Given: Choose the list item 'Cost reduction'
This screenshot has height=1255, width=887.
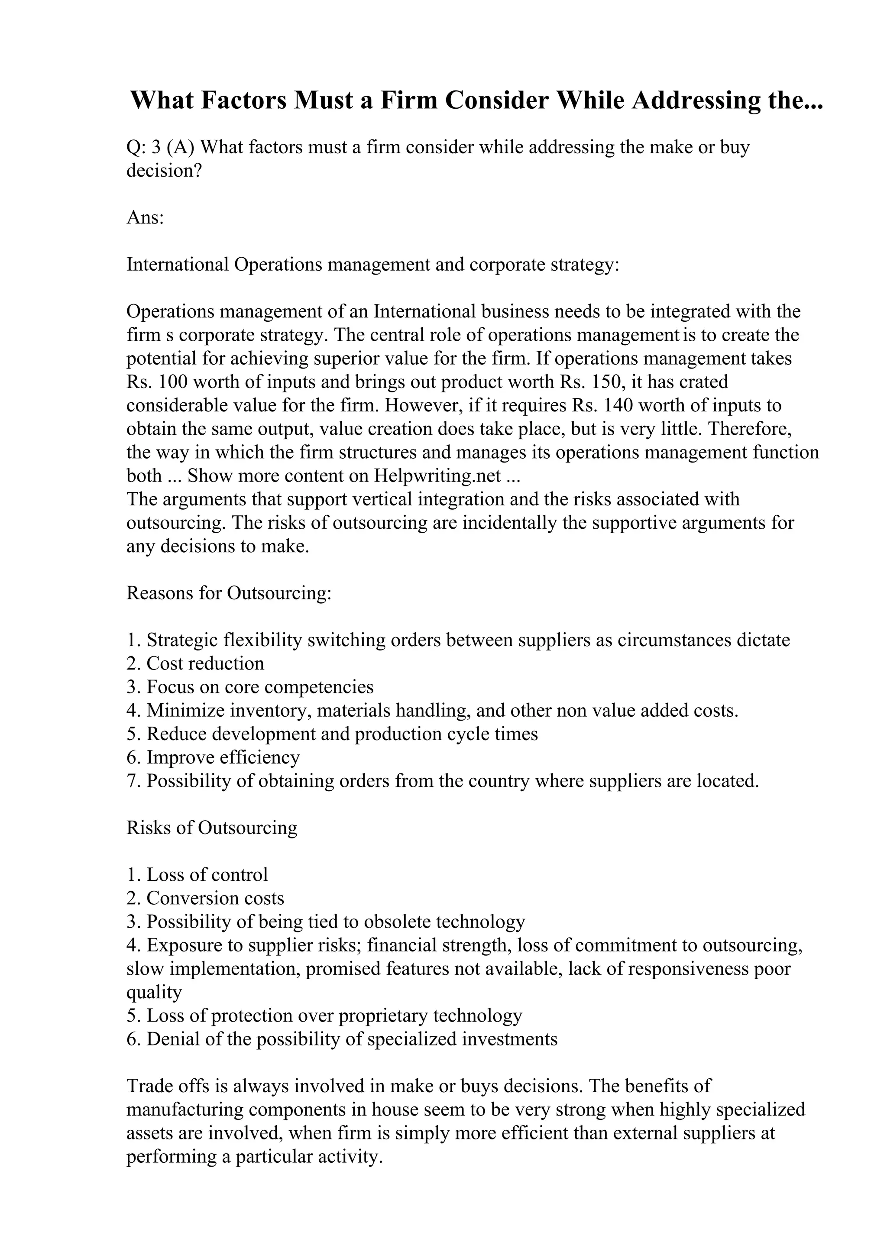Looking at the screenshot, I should click(x=205, y=663).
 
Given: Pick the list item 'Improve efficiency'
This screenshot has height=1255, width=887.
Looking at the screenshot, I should click(x=223, y=757).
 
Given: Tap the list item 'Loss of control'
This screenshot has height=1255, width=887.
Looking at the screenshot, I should click(x=207, y=875).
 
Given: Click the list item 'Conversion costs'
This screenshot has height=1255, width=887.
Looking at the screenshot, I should click(x=215, y=898).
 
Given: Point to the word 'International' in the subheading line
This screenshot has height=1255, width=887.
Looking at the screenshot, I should click(x=178, y=265).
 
